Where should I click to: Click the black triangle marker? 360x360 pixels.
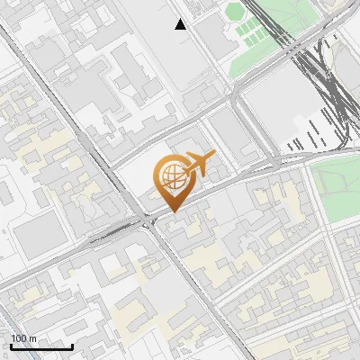(181, 24)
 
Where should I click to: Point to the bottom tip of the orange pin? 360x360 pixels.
(173, 211)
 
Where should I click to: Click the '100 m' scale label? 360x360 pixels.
(24, 338)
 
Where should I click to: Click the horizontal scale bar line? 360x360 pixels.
(41, 346)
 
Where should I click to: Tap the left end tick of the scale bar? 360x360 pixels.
(11, 345)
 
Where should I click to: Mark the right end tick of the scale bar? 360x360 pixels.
(72, 345)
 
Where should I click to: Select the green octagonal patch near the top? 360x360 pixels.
(235, 12)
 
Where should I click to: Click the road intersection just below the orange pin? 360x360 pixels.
(149, 221)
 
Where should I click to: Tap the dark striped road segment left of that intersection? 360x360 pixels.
(112, 236)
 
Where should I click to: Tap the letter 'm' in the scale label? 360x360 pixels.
(34, 338)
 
